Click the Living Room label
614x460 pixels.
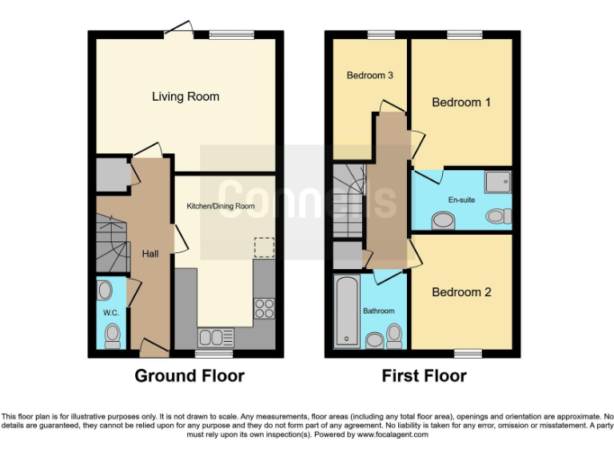point(185,97)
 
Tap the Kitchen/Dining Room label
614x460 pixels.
point(221,206)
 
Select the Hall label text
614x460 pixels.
point(150,254)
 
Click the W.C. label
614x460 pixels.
point(110,312)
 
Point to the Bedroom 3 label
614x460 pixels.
point(369,76)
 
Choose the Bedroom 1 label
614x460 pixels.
point(461,102)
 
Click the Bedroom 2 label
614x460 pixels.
point(461,292)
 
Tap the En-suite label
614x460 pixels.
point(461,200)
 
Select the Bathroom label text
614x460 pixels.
point(378,311)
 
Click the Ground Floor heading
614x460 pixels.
point(189,375)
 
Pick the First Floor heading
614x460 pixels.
point(424,375)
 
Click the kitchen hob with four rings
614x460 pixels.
point(264,307)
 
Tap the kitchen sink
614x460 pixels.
point(215,335)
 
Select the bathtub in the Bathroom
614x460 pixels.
point(347,311)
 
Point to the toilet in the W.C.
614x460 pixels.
point(113,332)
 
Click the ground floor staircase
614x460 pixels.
point(112,244)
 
